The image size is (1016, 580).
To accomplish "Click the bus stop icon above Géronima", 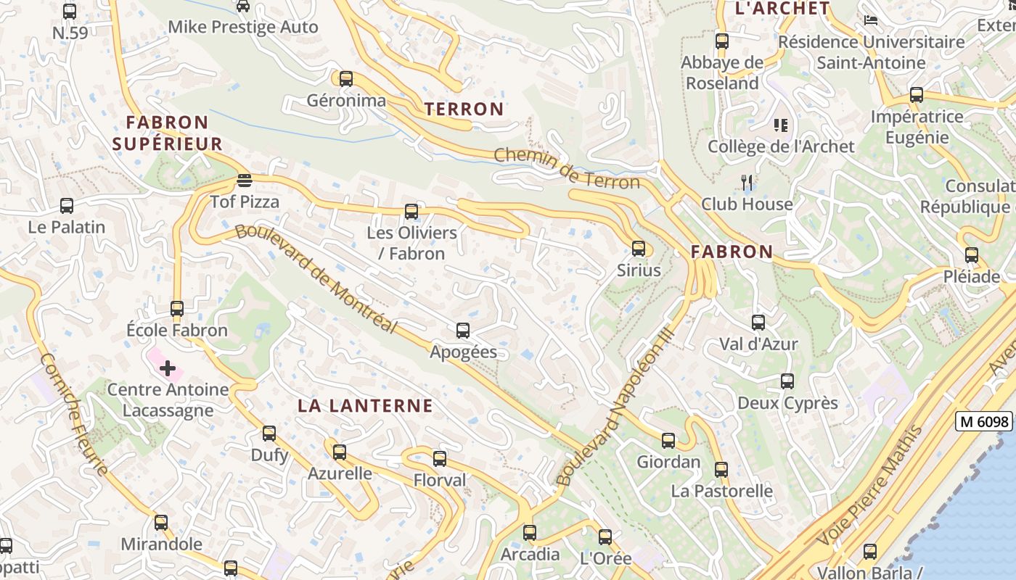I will pyautogui.click(x=346, y=78).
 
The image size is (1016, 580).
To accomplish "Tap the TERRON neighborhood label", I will pyautogui.click(x=464, y=109).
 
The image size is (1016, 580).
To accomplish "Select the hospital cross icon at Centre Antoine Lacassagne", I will pyautogui.click(x=168, y=368).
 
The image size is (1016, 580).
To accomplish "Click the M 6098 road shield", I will pyautogui.click(x=983, y=421).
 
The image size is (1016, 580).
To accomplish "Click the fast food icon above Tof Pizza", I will pyautogui.click(x=245, y=180).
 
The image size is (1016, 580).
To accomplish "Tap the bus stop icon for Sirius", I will pyautogui.click(x=639, y=249).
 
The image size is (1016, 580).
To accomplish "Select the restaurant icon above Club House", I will pyautogui.click(x=747, y=182).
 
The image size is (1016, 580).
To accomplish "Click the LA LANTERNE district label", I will pyautogui.click(x=365, y=406).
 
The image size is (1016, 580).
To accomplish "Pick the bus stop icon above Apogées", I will pyautogui.click(x=463, y=331).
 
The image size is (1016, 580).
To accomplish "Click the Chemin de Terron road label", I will pyautogui.click(x=567, y=168).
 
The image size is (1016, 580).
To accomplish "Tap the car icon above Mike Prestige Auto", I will pyautogui.click(x=243, y=7).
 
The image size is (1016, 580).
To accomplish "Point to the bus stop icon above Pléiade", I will pyautogui.click(x=972, y=255).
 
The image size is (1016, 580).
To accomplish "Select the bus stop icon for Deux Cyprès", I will pyautogui.click(x=787, y=381).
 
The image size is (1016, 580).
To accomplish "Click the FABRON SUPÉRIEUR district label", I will pyautogui.click(x=168, y=133).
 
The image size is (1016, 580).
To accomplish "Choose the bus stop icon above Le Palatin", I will pyautogui.click(x=67, y=206).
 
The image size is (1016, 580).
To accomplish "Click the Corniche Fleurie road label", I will pyautogui.click(x=73, y=414).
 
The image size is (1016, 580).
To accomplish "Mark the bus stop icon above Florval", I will pyautogui.click(x=440, y=458).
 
